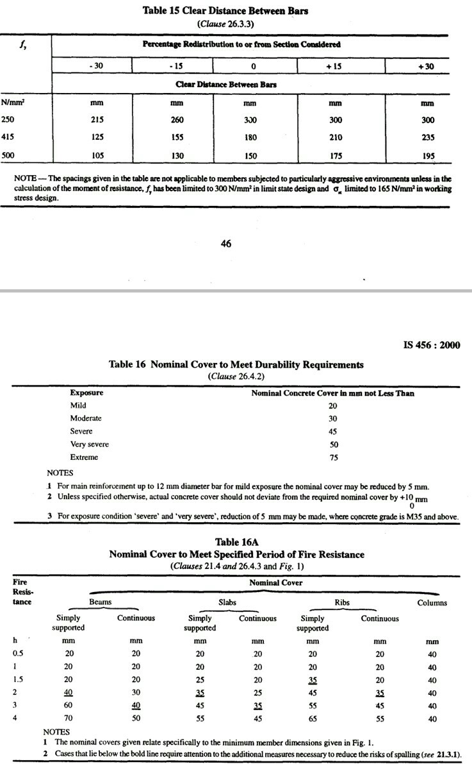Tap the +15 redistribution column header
(336, 65)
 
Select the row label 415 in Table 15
(8, 137)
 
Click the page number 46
(225, 243)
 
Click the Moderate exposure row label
(86, 418)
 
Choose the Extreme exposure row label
(83, 457)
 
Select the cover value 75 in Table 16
(333, 457)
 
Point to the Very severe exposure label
(90, 445)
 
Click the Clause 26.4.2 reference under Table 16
(236, 377)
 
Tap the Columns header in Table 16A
(432, 602)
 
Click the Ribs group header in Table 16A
(342, 602)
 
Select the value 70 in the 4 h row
(69, 719)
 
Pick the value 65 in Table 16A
(313, 719)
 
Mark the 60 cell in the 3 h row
(69, 706)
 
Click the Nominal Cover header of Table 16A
(276, 582)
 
